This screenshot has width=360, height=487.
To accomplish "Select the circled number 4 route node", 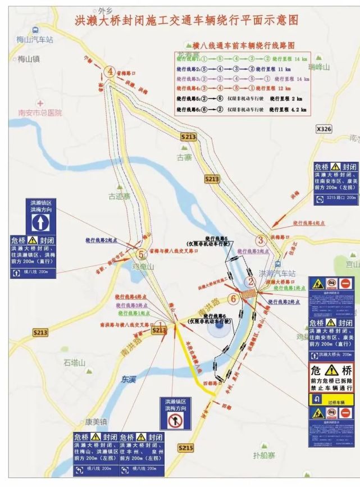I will [111, 71].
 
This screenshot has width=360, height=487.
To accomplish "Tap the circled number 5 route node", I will [142, 254].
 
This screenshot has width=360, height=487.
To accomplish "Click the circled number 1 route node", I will [160, 326].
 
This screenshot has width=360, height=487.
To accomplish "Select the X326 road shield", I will [323, 129].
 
